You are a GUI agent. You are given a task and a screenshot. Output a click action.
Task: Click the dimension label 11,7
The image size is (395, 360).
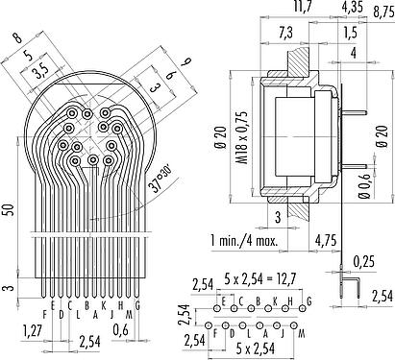click(303, 6)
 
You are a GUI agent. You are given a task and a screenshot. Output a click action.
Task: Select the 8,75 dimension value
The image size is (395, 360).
click(383, 12)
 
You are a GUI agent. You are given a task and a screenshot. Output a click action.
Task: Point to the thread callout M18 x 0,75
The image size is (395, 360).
click(242, 137)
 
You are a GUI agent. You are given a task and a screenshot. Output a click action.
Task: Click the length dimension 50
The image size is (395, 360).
click(10, 209)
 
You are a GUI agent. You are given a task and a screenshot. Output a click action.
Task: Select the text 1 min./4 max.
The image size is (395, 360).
click(244, 240)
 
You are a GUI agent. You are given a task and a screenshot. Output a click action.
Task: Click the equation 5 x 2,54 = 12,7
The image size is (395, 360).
click(260, 279)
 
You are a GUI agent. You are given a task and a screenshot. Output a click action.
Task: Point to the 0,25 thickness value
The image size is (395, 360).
click(363, 261)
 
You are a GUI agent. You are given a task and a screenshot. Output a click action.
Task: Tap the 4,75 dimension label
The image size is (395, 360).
click(326, 240)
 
